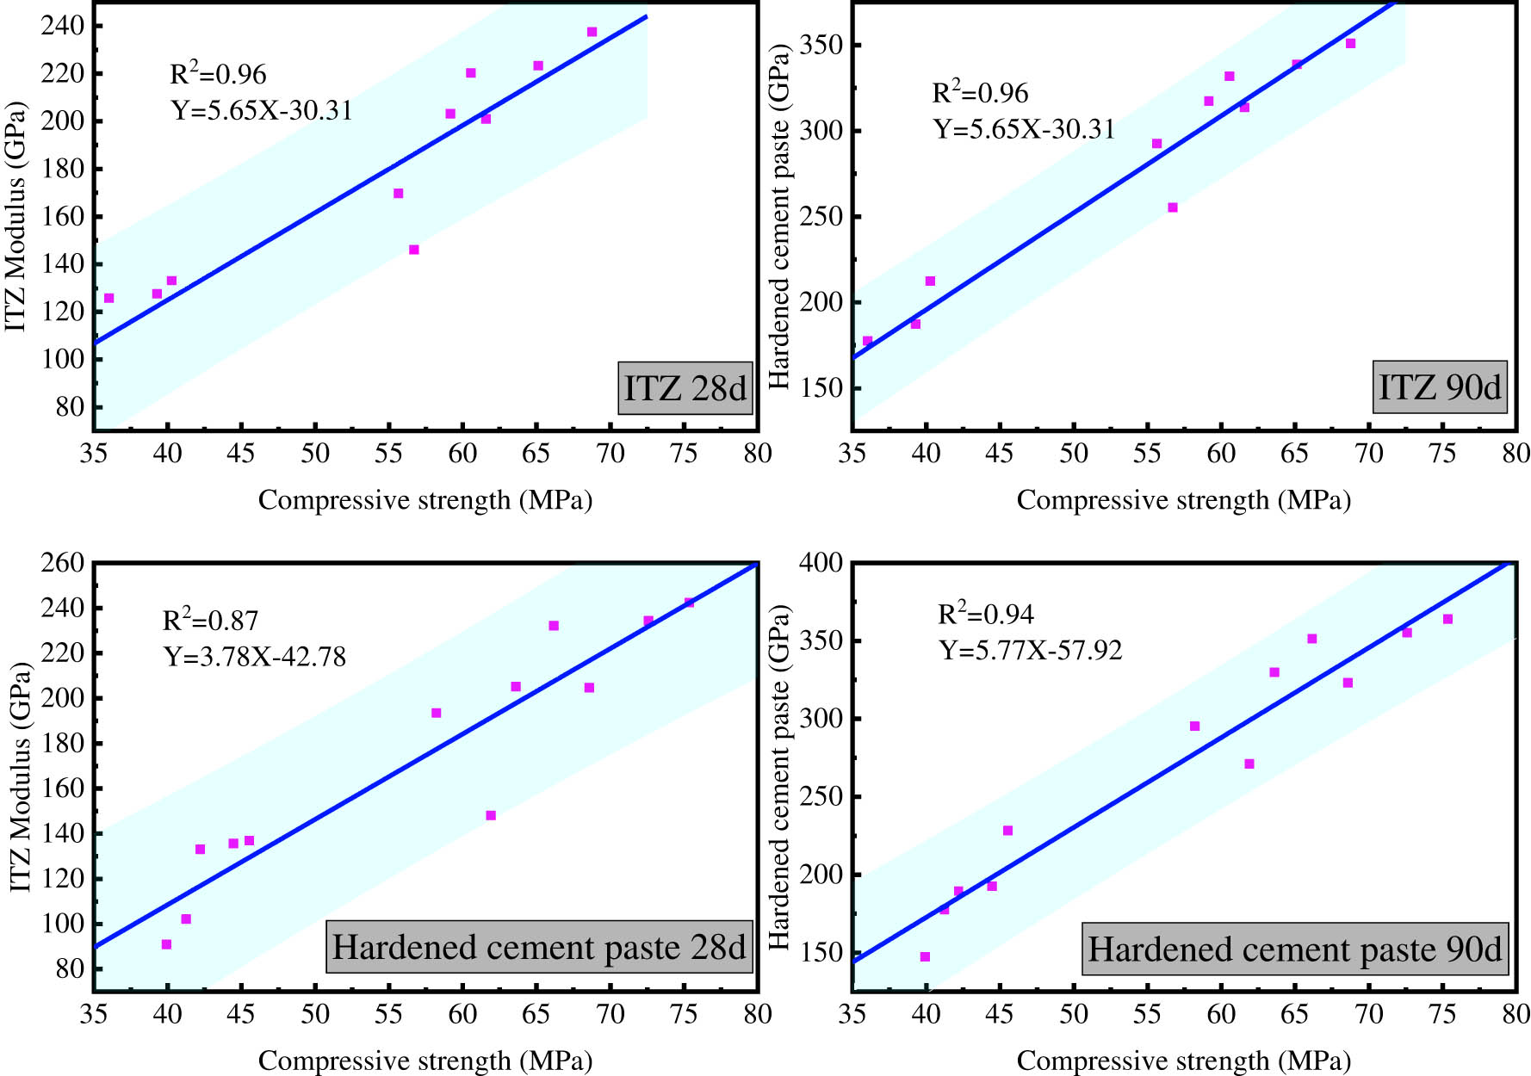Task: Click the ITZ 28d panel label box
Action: [x=685, y=389]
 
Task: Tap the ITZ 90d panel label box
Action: [x=1440, y=387]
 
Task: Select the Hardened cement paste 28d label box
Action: [x=539, y=947]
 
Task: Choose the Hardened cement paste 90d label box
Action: [x=1295, y=949]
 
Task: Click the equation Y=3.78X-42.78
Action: [x=255, y=658]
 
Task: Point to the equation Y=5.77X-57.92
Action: [x=1031, y=650]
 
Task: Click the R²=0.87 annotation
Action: [x=211, y=621]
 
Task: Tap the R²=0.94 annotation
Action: [x=986, y=614]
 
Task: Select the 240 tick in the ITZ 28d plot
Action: [x=63, y=26]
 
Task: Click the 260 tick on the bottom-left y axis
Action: [x=63, y=563]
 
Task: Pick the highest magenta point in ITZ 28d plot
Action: [x=592, y=32]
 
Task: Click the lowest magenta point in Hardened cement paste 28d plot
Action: [x=166, y=944]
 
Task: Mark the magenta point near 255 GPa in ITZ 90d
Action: [x=1173, y=207]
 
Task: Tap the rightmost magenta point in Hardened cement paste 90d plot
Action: [x=1447, y=619]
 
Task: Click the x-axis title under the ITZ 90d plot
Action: [x=1183, y=500]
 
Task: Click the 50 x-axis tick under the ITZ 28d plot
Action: [x=315, y=454]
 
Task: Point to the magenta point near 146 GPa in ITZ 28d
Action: [x=414, y=250]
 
